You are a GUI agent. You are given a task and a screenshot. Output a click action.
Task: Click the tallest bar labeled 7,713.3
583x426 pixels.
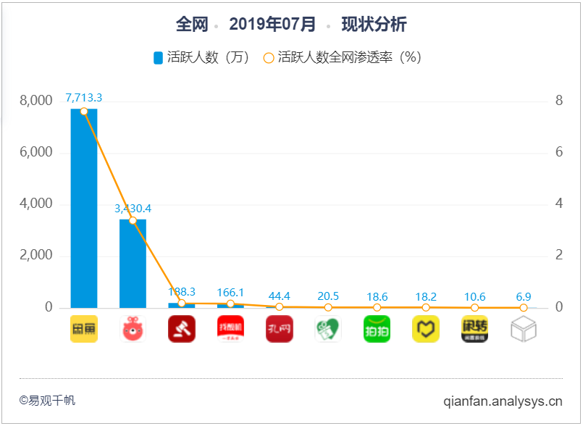(84, 210)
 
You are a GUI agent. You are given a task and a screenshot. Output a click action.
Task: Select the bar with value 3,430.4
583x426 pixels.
(133, 264)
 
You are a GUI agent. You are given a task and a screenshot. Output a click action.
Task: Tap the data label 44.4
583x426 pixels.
(279, 296)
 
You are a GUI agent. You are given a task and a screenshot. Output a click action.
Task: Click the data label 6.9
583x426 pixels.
(523, 296)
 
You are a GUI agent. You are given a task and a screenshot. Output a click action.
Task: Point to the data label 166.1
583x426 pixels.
(230, 291)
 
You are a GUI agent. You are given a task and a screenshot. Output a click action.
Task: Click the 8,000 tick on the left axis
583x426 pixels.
(35, 101)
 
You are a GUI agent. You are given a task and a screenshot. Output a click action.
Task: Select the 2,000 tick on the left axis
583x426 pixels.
(35, 256)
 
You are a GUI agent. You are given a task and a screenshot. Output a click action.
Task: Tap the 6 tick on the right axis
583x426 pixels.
(559, 152)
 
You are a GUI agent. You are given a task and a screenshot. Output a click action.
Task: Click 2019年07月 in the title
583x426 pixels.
(272, 25)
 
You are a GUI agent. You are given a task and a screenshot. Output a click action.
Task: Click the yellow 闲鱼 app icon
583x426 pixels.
(84, 329)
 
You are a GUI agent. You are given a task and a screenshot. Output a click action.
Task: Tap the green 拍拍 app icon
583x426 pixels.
(377, 329)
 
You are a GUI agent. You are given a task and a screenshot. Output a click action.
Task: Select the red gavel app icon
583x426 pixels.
(181, 329)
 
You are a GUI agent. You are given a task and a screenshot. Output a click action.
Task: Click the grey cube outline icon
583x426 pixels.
(523, 330)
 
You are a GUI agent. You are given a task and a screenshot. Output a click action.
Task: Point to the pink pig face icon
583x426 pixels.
(133, 329)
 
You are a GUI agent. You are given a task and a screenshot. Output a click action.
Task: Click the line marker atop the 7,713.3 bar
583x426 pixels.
(84, 111)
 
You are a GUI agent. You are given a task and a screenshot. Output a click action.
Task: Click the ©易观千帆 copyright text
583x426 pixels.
(47, 400)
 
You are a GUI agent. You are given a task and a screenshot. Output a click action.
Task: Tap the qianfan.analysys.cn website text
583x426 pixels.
(503, 400)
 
